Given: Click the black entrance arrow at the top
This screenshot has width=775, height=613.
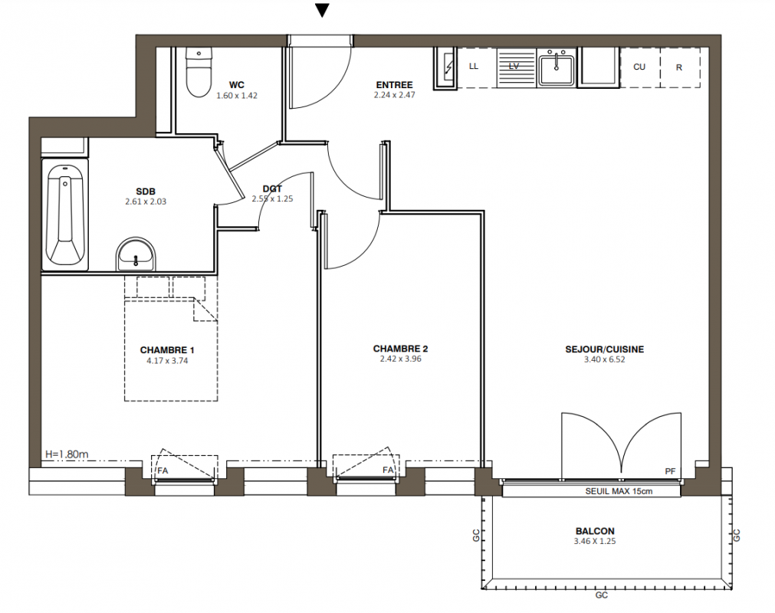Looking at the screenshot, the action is click(x=322, y=11).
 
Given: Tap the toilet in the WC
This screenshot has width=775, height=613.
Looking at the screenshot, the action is click(x=199, y=72).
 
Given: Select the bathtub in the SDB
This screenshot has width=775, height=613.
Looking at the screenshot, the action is click(x=64, y=215).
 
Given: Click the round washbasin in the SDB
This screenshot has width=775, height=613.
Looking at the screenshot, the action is click(x=136, y=254).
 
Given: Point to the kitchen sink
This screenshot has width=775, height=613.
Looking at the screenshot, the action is click(x=557, y=70).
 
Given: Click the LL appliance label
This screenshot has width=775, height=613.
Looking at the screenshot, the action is click(x=474, y=66).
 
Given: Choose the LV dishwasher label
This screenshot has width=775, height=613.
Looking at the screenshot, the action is click(x=514, y=66).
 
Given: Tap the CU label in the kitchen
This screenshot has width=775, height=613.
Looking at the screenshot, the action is click(x=639, y=67).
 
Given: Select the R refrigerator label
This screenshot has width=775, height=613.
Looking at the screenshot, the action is click(x=679, y=67).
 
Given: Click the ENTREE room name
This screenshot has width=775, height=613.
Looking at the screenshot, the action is click(x=395, y=85).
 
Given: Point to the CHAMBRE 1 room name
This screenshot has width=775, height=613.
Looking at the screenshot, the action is click(x=167, y=350).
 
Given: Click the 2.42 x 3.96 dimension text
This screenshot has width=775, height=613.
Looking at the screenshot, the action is click(x=400, y=359).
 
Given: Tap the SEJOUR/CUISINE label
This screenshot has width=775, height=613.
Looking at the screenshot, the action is click(x=605, y=349).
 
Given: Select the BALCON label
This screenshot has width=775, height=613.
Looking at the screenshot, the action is click(x=595, y=531).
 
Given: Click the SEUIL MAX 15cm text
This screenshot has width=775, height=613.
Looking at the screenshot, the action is click(x=619, y=491).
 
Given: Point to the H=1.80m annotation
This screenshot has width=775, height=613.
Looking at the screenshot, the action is click(x=67, y=454).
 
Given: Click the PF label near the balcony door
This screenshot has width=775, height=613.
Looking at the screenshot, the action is click(x=670, y=471).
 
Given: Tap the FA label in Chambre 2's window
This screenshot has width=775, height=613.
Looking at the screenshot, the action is click(x=388, y=470).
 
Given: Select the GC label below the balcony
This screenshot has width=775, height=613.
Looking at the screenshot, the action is click(x=602, y=595).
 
